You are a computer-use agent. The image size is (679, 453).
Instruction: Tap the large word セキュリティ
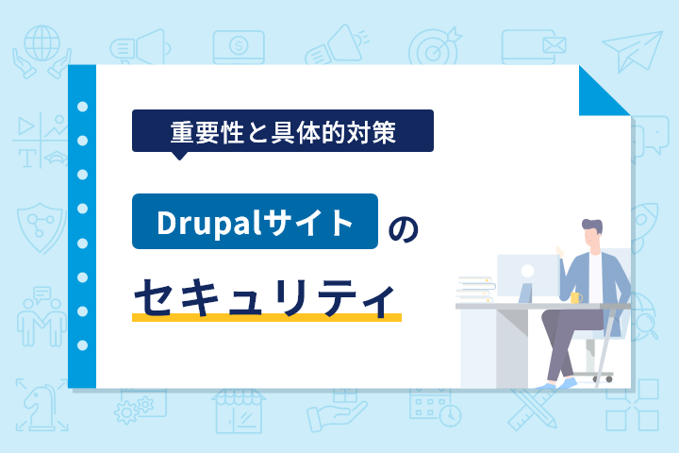click(265, 297)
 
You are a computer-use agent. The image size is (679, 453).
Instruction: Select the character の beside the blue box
click(403, 229)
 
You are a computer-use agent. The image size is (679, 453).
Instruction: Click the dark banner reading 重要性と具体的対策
click(283, 131)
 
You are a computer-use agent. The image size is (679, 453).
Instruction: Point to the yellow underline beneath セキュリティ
click(267, 318)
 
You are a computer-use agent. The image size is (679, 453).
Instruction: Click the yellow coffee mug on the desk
click(576, 297)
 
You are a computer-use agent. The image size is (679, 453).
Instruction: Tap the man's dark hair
click(592, 226)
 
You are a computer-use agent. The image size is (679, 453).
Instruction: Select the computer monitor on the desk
click(527, 277)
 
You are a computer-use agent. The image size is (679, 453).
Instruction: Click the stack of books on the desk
click(475, 290)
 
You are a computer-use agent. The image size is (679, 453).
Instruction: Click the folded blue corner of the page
click(604, 91)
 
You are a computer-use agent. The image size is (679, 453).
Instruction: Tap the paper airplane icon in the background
click(633, 51)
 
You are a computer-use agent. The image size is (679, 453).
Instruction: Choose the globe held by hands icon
click(42, 51)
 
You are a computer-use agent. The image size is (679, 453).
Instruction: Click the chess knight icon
click(42, 405)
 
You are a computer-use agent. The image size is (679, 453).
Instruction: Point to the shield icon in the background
click(41, 227)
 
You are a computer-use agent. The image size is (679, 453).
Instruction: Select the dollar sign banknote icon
click(239, 47)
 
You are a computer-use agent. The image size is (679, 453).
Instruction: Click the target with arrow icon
click(434, 47)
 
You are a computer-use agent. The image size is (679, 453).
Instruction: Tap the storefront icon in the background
click(239, 411)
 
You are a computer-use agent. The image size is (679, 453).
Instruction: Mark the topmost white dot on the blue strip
click(82, 107)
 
